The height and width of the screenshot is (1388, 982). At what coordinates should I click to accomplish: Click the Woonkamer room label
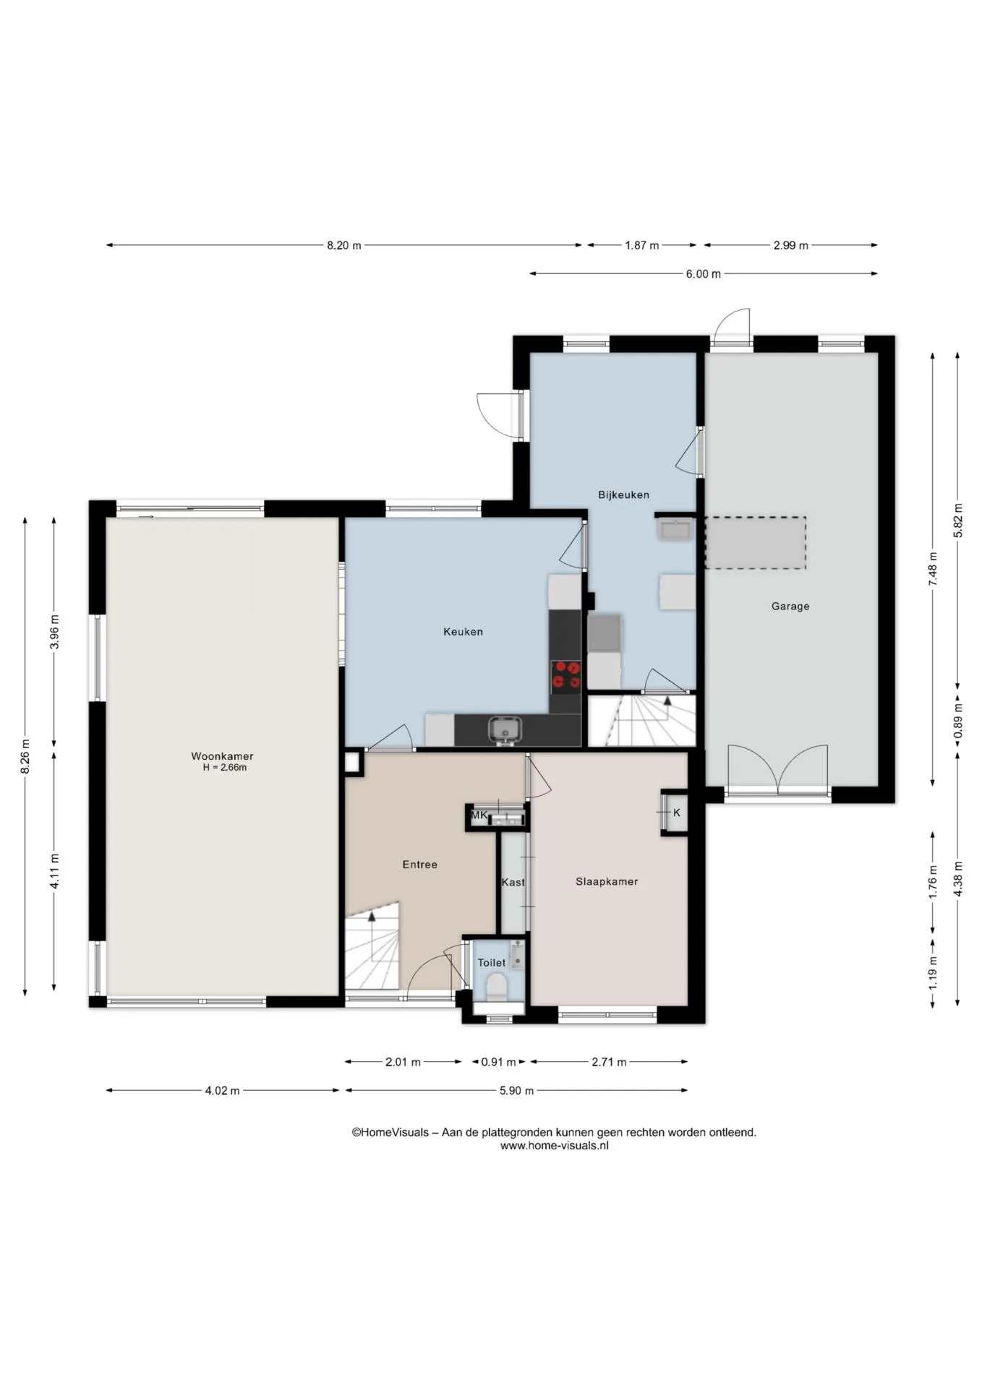222,756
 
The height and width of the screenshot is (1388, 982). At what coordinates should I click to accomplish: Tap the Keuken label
463,632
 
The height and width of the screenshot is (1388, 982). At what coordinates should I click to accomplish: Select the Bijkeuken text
623,495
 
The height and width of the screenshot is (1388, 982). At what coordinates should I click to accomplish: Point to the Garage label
790,607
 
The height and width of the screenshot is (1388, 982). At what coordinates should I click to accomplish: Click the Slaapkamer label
607,882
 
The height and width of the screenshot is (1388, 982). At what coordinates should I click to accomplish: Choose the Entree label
419,865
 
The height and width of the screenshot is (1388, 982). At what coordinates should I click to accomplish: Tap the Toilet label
492,963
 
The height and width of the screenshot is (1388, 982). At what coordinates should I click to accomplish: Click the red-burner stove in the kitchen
566,675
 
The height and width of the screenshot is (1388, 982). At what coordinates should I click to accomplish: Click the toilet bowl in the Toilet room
497,987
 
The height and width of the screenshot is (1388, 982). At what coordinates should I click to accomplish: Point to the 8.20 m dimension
343,246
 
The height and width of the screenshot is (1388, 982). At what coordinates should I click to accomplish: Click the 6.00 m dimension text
703,274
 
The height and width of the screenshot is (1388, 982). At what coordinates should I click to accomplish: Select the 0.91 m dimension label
498,1062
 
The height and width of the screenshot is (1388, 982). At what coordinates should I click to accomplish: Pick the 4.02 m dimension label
222,1091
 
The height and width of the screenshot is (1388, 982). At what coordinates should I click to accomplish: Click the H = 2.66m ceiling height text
224,768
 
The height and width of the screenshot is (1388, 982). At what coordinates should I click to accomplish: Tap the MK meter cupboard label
479,815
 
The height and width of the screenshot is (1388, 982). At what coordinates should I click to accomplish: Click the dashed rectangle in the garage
755,543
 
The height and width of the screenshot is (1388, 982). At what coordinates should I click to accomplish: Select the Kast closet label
513,883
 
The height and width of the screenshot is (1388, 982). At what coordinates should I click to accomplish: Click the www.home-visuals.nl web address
554,1146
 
